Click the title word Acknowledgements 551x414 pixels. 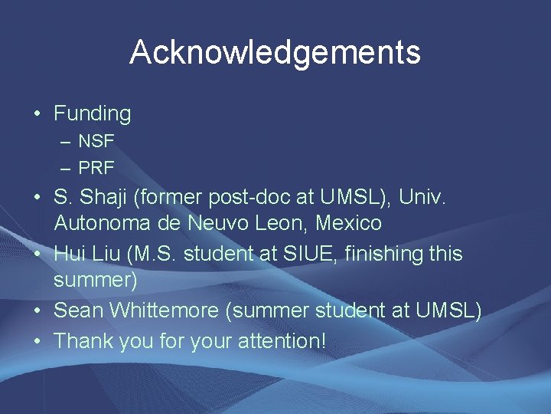275,53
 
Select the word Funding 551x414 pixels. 92,114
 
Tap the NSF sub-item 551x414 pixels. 96,142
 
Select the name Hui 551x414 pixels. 70,253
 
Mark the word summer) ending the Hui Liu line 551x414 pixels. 96,281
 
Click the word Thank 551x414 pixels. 83,340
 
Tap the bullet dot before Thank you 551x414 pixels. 37,340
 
